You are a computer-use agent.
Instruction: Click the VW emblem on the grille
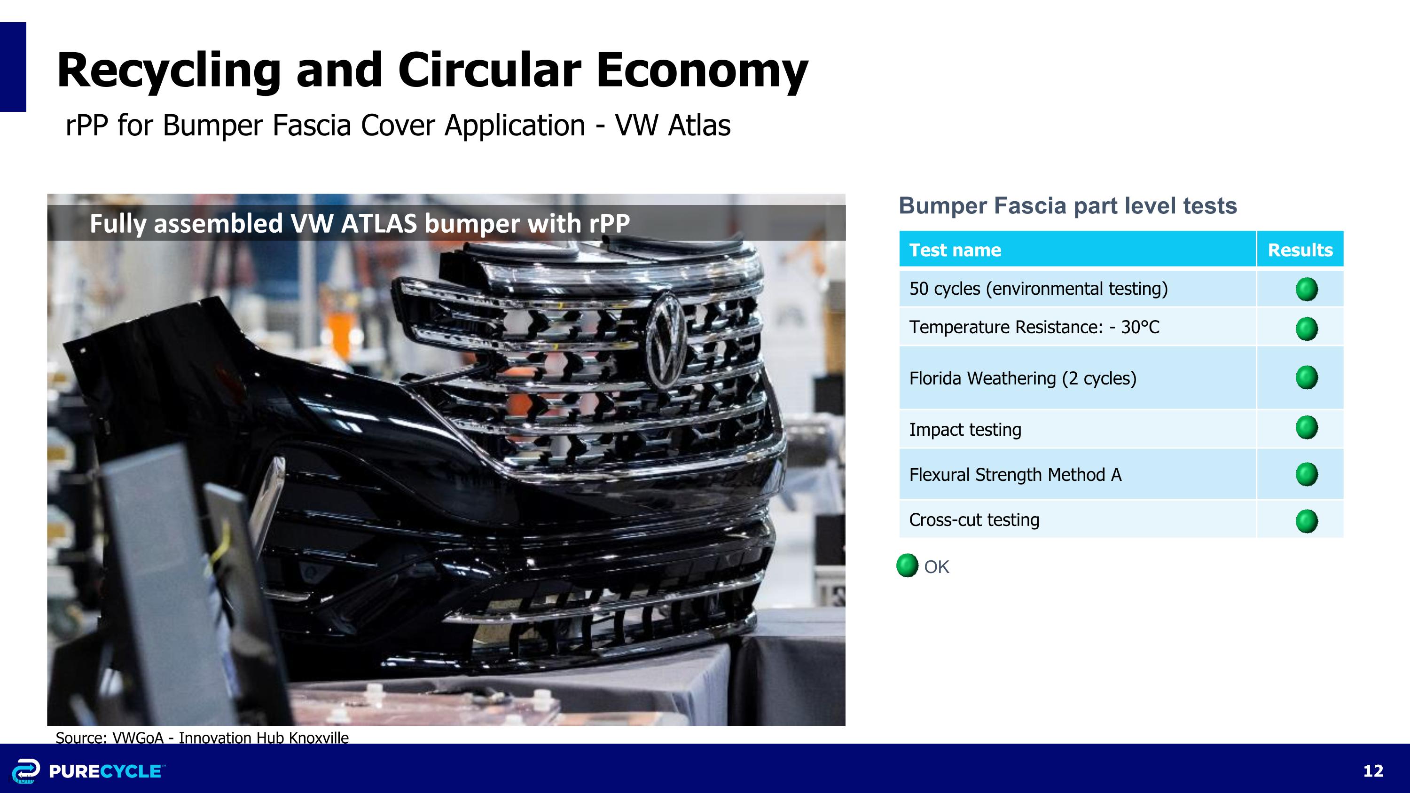pos(666,340)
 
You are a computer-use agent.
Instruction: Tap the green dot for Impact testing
pos(1307,427)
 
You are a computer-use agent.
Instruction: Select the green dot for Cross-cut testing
pos(1307,521)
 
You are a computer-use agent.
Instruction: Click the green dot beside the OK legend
pos(907,565)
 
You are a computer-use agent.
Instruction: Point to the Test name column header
pos(1077,250)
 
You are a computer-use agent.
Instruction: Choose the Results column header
pos(1300,250)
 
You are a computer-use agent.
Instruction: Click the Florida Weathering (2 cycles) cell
pos(1077,377)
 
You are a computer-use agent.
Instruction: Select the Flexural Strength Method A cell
pos(1077,474)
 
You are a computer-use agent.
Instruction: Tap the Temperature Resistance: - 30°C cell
pos(1077,327)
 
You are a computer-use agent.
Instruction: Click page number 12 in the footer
pos(1373,770)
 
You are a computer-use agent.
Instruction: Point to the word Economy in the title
pos(702,71)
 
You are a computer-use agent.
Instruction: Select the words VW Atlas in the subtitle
pos(673,126)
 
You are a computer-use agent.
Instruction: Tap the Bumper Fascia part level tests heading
pos(1068,206)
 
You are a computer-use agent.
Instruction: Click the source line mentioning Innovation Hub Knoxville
pos(202,737)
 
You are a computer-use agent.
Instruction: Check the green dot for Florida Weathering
pos(1307,377)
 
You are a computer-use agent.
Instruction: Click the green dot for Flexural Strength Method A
pos(1307,474)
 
